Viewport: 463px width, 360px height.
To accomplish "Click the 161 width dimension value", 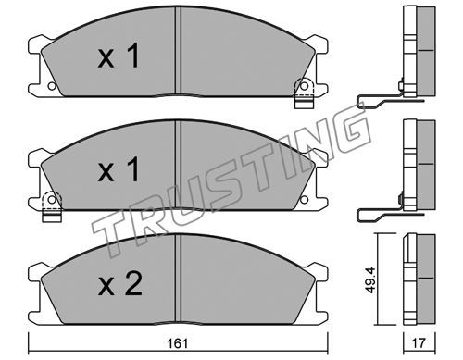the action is [x=178, y=343].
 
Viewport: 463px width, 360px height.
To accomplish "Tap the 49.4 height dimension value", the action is [x=370, y=279].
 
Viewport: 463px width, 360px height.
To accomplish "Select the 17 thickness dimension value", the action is [x=419, y=343].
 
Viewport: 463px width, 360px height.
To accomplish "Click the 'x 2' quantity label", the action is [x=119, y=283].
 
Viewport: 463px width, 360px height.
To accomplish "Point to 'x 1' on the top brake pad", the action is [x=119, y=56].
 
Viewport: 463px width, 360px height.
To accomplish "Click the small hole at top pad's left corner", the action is [x=52, y=86].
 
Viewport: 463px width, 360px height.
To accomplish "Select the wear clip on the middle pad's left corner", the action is [x=52, y=206].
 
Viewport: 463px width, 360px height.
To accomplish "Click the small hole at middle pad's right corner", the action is [x=304, y=199].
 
